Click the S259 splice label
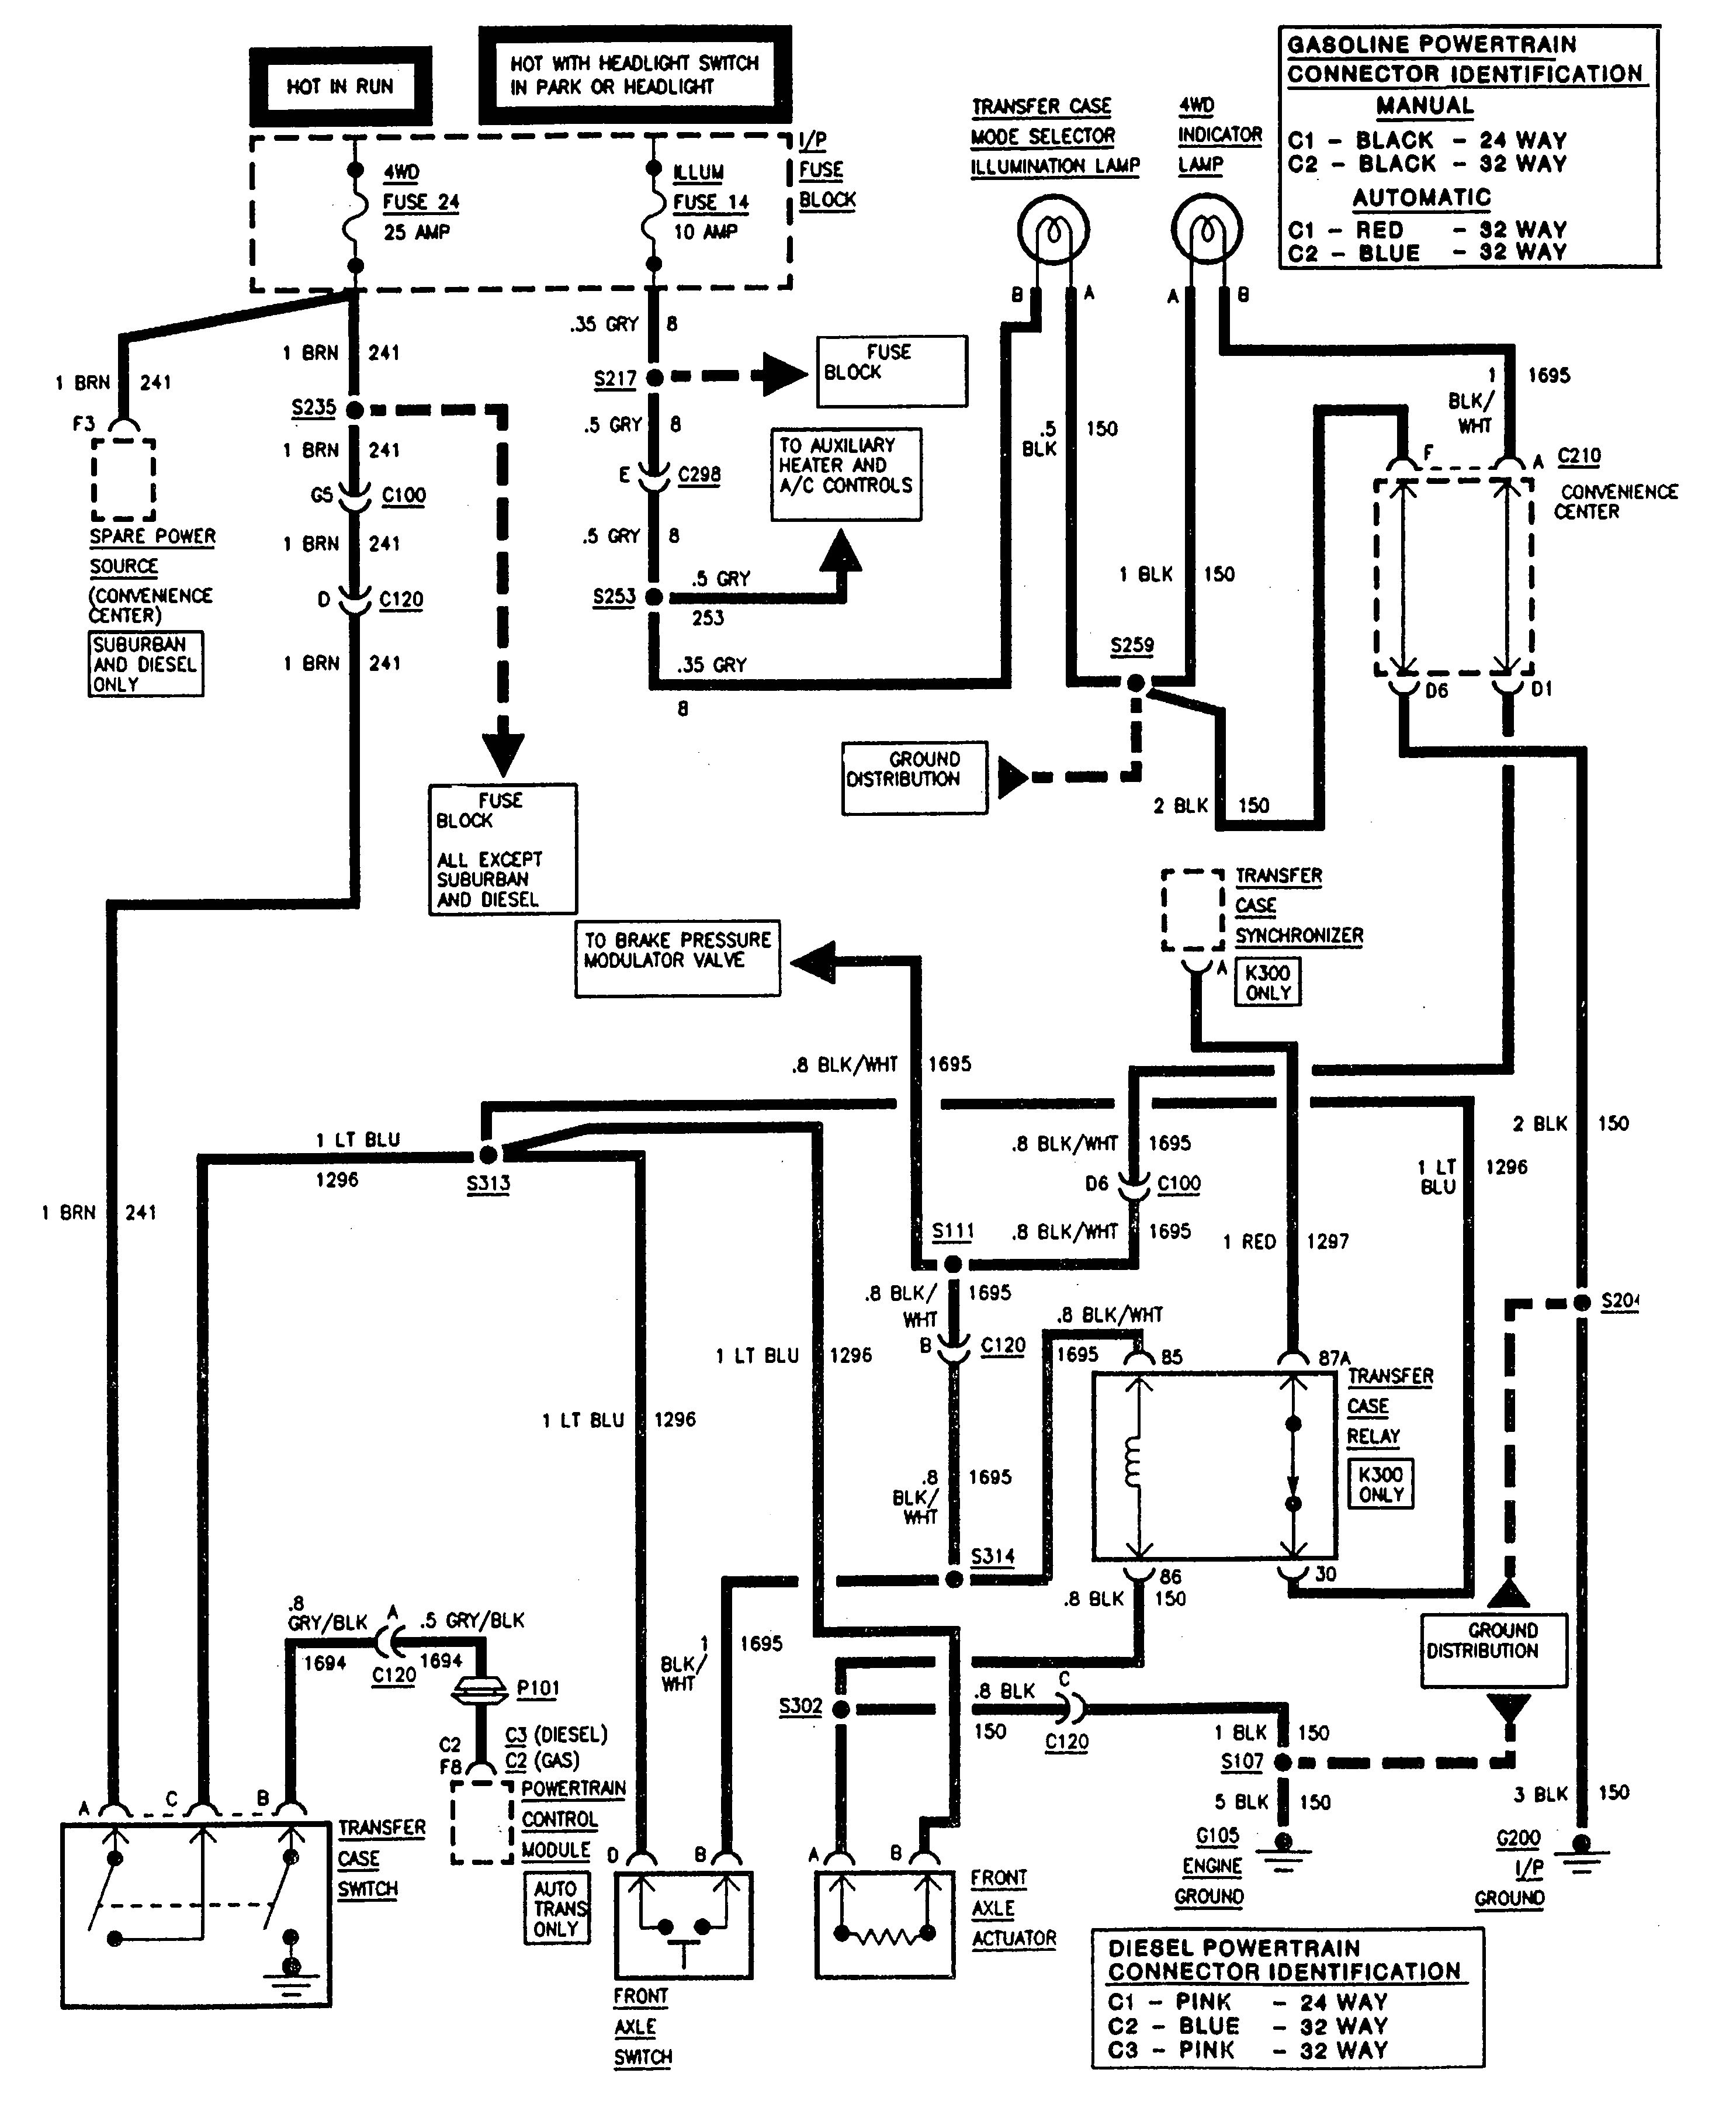click(x=1131, y=645)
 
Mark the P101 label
click(x=538, y=1688)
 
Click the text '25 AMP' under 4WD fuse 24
click(x=416, y=233)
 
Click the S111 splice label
click(x=952, y=1230)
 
